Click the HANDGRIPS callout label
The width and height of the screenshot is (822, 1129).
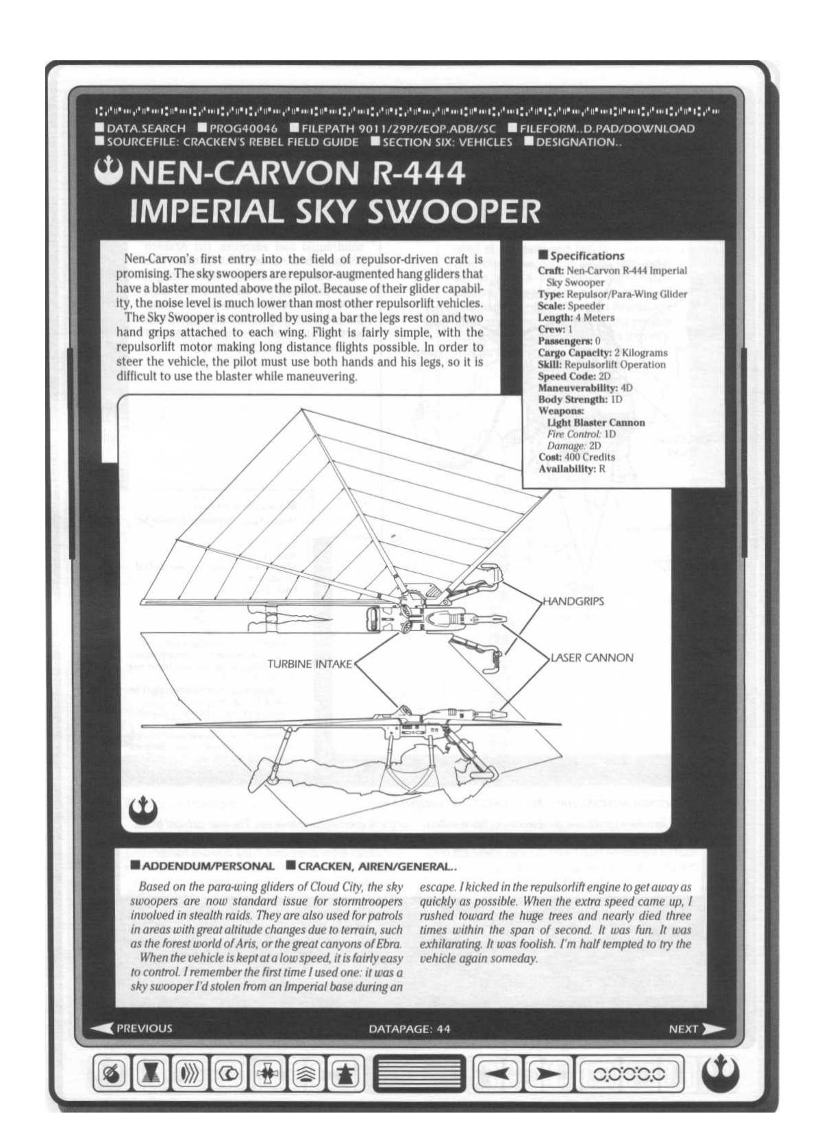573,601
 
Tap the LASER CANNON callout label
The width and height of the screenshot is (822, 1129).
592,658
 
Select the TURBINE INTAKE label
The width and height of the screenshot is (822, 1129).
310,664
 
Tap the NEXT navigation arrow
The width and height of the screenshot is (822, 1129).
696,1028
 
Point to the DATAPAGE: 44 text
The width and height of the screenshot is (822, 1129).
410,1029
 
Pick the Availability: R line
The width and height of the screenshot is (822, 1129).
572,469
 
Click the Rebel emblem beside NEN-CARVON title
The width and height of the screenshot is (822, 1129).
112,168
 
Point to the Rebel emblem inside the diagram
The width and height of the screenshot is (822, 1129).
140,810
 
